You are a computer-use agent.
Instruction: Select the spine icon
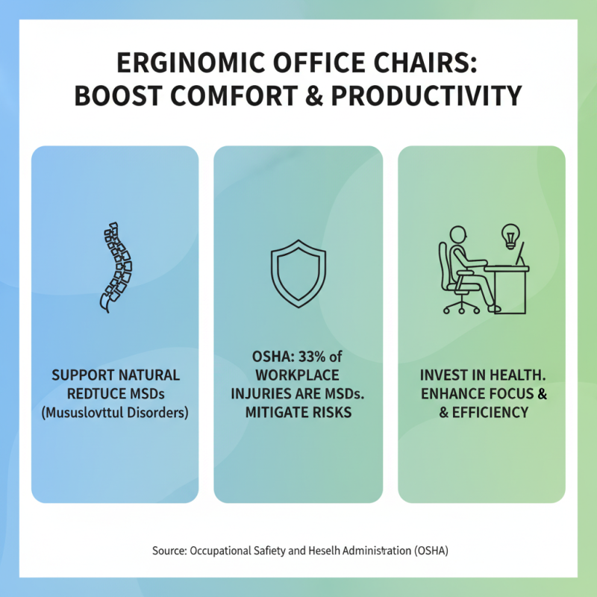115,266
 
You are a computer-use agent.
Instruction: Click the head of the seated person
458,233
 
